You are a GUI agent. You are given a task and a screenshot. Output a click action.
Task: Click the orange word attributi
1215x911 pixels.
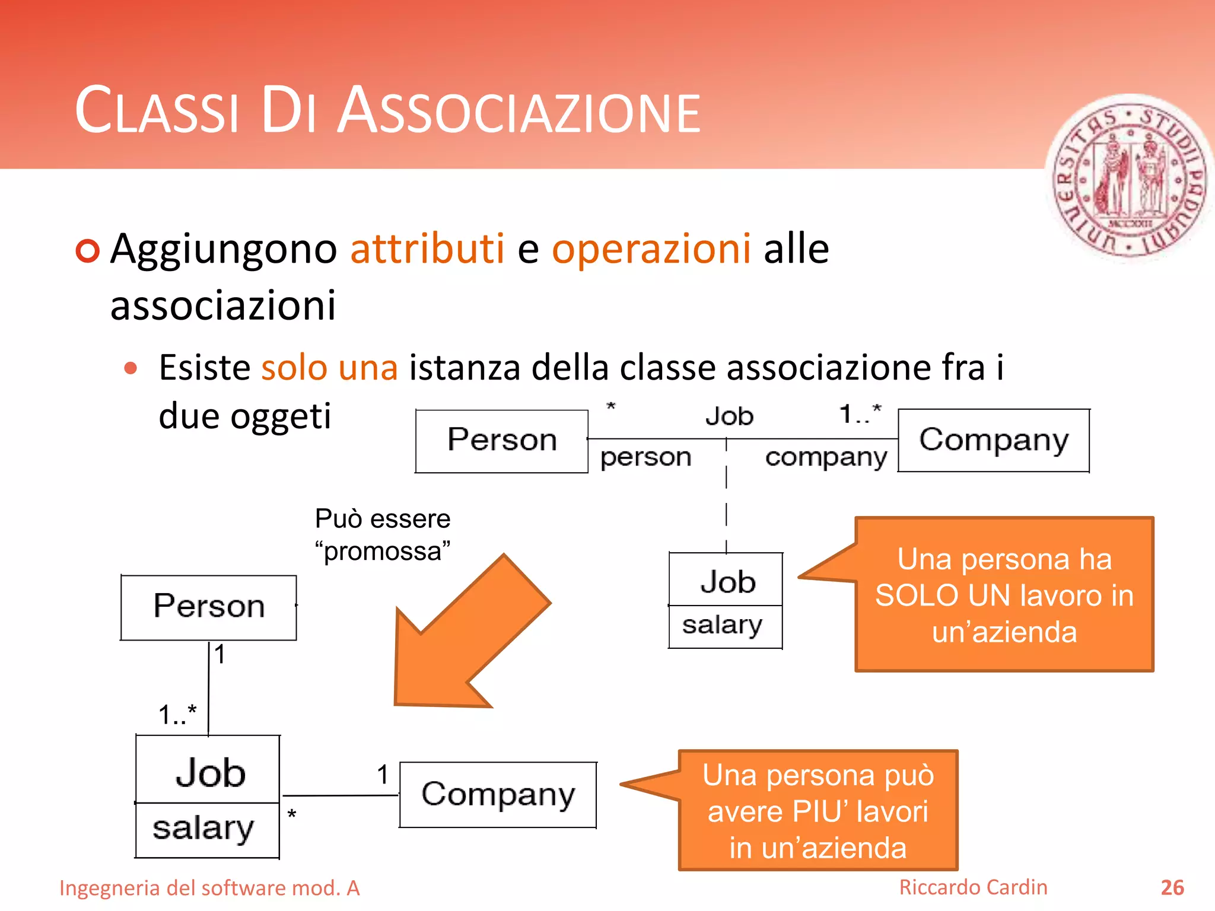[x=427, y=249]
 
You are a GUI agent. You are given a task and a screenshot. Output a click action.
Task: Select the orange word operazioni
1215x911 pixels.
[x=651, y=249]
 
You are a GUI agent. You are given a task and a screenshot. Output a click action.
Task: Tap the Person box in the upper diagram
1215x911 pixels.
[x=501, y=441]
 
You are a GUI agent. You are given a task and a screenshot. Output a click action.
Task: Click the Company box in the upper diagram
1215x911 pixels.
[x=994, y=441]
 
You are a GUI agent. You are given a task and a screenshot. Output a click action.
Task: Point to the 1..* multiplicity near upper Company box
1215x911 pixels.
[x=860, y=414]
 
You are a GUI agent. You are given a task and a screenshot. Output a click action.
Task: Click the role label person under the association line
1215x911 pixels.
[x=645, y=457]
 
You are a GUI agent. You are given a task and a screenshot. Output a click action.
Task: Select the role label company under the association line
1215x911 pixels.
[x=826, y=457]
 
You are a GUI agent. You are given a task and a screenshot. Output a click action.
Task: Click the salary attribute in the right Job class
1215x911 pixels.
[x=722, y=625]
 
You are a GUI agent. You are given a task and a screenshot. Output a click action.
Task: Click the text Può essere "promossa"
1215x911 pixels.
[x=383, y=534]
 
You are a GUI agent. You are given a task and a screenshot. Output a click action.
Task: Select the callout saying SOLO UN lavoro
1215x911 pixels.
[x=1004, y=595]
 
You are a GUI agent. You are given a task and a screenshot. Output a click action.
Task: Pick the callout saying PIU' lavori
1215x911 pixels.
[x=818, y=811]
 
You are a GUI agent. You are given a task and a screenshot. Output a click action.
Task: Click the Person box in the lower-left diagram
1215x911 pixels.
[x=209, y=607]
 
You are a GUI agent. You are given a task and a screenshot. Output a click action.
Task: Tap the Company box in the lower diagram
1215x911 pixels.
[x=498, y=795]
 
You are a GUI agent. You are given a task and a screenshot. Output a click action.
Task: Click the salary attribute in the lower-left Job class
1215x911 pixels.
[x=203, y=829]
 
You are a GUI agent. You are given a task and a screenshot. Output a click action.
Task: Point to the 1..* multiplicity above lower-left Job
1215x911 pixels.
[x=177, y=715]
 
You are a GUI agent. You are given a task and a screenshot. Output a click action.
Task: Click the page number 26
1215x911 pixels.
[x=1172, y=888]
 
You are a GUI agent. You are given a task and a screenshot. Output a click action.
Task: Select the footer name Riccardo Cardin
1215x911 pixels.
[x=973, y=887]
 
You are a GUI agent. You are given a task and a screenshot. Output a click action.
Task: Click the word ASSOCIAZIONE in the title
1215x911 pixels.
[x=519, y=112]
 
